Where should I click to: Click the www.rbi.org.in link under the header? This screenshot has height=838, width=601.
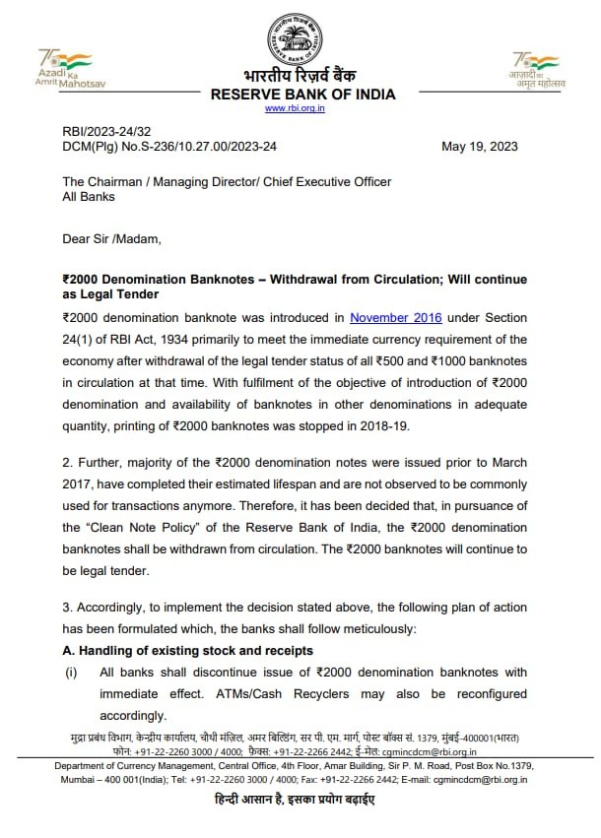[x=301, y=108]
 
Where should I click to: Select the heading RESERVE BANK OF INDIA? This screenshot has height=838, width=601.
[x=302, y=95]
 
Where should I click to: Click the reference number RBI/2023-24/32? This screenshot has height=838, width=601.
[x=106, y=132]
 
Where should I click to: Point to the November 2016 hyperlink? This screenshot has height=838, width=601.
[x=396, y=318]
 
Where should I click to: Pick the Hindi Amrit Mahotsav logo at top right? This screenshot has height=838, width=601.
[x=537, y=71]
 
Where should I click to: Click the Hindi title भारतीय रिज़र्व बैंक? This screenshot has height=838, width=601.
[x=302, y=76]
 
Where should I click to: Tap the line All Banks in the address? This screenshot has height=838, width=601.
[x=89, y=196]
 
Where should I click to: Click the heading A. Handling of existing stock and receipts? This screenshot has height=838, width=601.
[x=187, y=650]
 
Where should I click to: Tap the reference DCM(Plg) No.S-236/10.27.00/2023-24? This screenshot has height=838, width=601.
[x=169, y=147]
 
